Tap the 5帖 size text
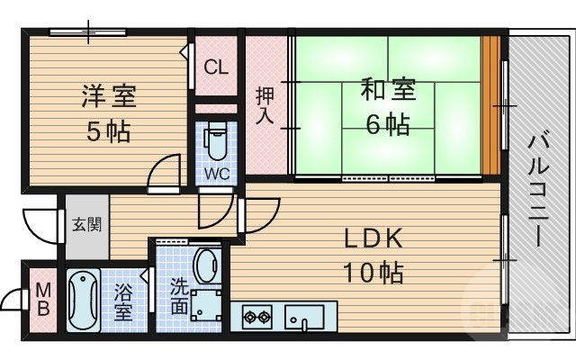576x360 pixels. (x=107, y=132)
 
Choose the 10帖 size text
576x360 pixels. (x=372, y=271)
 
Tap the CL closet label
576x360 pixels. (x=216, y=67)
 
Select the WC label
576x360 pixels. (x=215, y=171)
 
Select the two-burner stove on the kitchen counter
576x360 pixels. (x=257, y=317)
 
